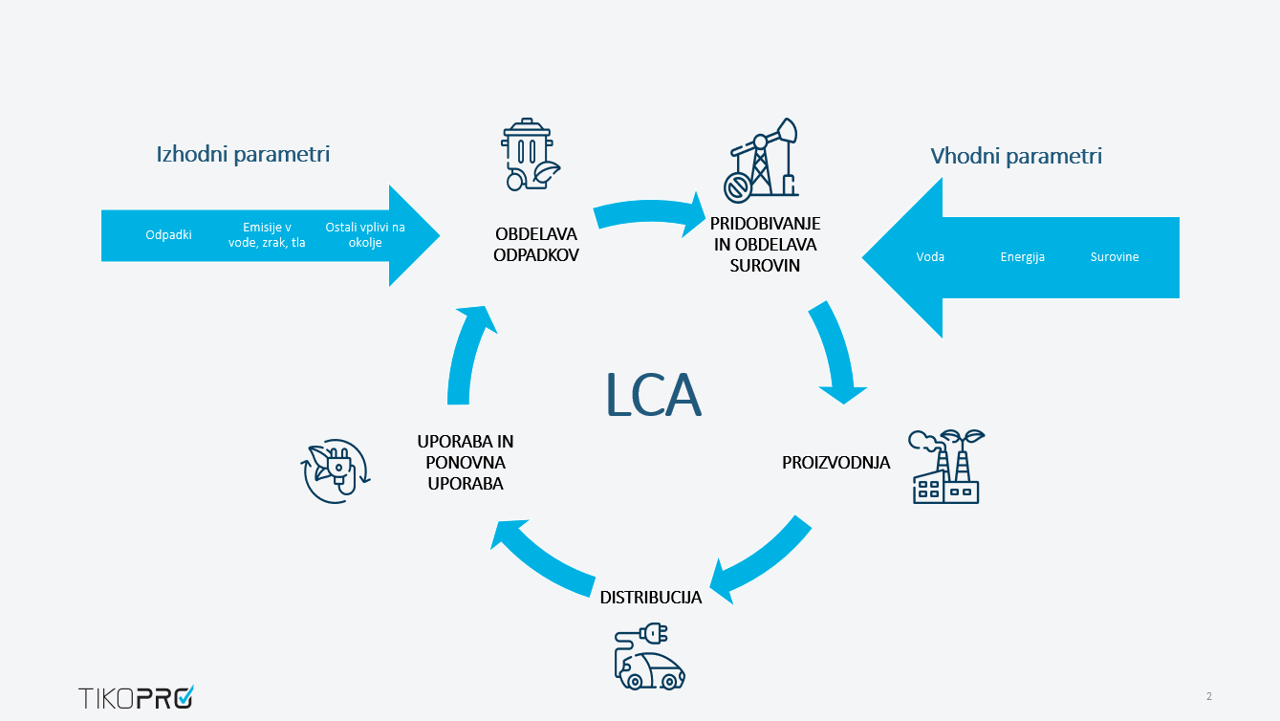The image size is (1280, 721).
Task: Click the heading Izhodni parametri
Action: point(243,154)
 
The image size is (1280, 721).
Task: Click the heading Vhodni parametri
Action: point(1016,156)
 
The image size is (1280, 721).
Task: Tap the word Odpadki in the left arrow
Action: point(168,234)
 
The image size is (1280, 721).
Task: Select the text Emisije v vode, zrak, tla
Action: point(267,235)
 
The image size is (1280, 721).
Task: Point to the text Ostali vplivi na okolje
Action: point(365,235)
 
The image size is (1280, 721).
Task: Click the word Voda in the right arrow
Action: point(930,257)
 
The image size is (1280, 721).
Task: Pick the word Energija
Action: point(1022,257)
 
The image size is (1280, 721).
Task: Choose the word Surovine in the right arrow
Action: point(1115,257)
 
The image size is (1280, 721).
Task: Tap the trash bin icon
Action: point(529,156)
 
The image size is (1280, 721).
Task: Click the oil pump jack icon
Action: point(761,161)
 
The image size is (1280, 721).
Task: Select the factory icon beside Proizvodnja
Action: point(945,467)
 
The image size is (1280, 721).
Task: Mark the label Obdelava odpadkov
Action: point(536,245)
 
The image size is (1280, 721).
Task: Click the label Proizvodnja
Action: point(835,463)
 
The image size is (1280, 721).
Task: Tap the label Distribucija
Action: point(651,598)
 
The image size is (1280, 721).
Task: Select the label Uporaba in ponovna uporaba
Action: point(466,463)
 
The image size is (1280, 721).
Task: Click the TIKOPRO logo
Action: point(136,697)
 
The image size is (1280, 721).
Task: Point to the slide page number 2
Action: point(1208,696)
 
